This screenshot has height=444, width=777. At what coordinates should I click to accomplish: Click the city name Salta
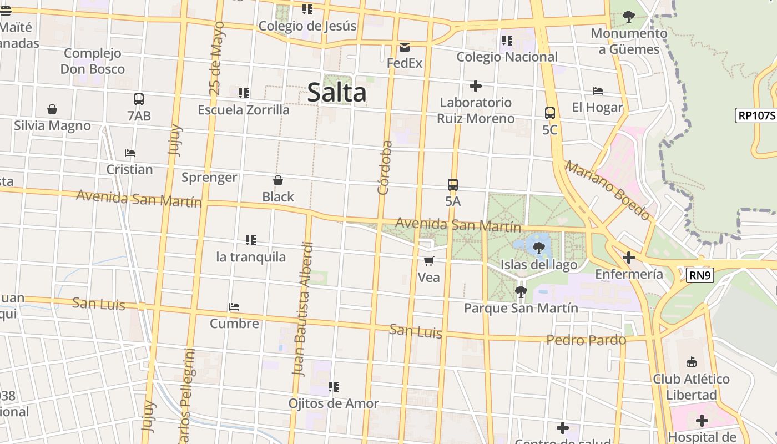pos(337,93)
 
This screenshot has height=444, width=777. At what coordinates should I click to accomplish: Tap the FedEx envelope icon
pos(405,47)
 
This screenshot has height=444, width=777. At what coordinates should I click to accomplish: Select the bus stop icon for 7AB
pos(139,99)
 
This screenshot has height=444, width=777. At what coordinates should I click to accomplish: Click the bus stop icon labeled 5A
pos(453,185)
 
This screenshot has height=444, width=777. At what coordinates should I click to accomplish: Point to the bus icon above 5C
pos(550,113)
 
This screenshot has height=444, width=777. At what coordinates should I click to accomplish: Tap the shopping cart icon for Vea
pos(428,261)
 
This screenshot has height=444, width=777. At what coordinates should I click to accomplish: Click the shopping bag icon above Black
pos(278,180)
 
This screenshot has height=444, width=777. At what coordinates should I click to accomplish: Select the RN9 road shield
pos(699,275)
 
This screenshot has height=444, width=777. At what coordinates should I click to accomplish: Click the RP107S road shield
pos(756,115)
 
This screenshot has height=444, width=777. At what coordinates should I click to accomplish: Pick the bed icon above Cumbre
pos(234,307)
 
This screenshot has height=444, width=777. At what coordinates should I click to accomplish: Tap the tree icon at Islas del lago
pos(538,248)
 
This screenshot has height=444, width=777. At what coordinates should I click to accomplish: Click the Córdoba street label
pos(385,168)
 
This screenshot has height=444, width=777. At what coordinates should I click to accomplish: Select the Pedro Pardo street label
pos(586,340)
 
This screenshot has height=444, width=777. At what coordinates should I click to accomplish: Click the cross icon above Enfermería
pos(628,258)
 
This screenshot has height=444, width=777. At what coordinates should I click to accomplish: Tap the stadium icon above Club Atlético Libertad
pos(691,362)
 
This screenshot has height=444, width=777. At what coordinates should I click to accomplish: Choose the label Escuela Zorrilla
pos(244,110)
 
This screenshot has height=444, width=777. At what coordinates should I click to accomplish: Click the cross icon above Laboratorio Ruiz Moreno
pos(475,86)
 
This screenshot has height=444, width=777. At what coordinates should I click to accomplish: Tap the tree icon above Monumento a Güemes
pos(629,17)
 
